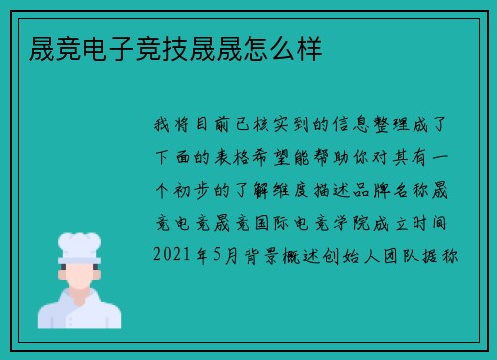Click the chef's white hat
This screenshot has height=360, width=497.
80,244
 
